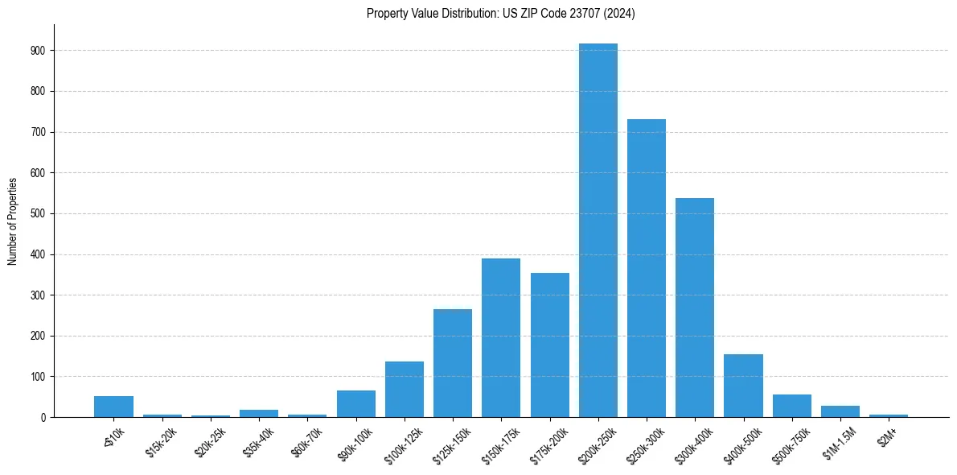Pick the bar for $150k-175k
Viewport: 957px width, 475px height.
[x=501, y=338]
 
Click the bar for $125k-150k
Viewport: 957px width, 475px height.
[x=453, y=363]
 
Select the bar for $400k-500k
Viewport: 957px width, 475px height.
[x=743, y=386]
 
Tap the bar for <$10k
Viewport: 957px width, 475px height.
[x=113, y=407]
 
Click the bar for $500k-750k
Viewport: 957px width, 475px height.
[x=792, y=406]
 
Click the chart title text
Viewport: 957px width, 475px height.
[x=500, y=14]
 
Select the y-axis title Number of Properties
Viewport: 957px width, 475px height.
[x=13, y=221]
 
